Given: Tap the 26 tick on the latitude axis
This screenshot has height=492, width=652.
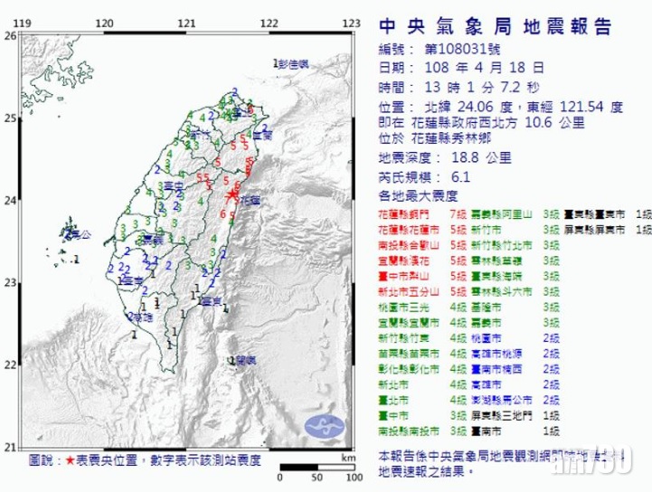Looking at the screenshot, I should click(x=10, y=35).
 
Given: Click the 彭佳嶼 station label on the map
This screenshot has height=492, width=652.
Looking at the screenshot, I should click(x=294, y=63).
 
